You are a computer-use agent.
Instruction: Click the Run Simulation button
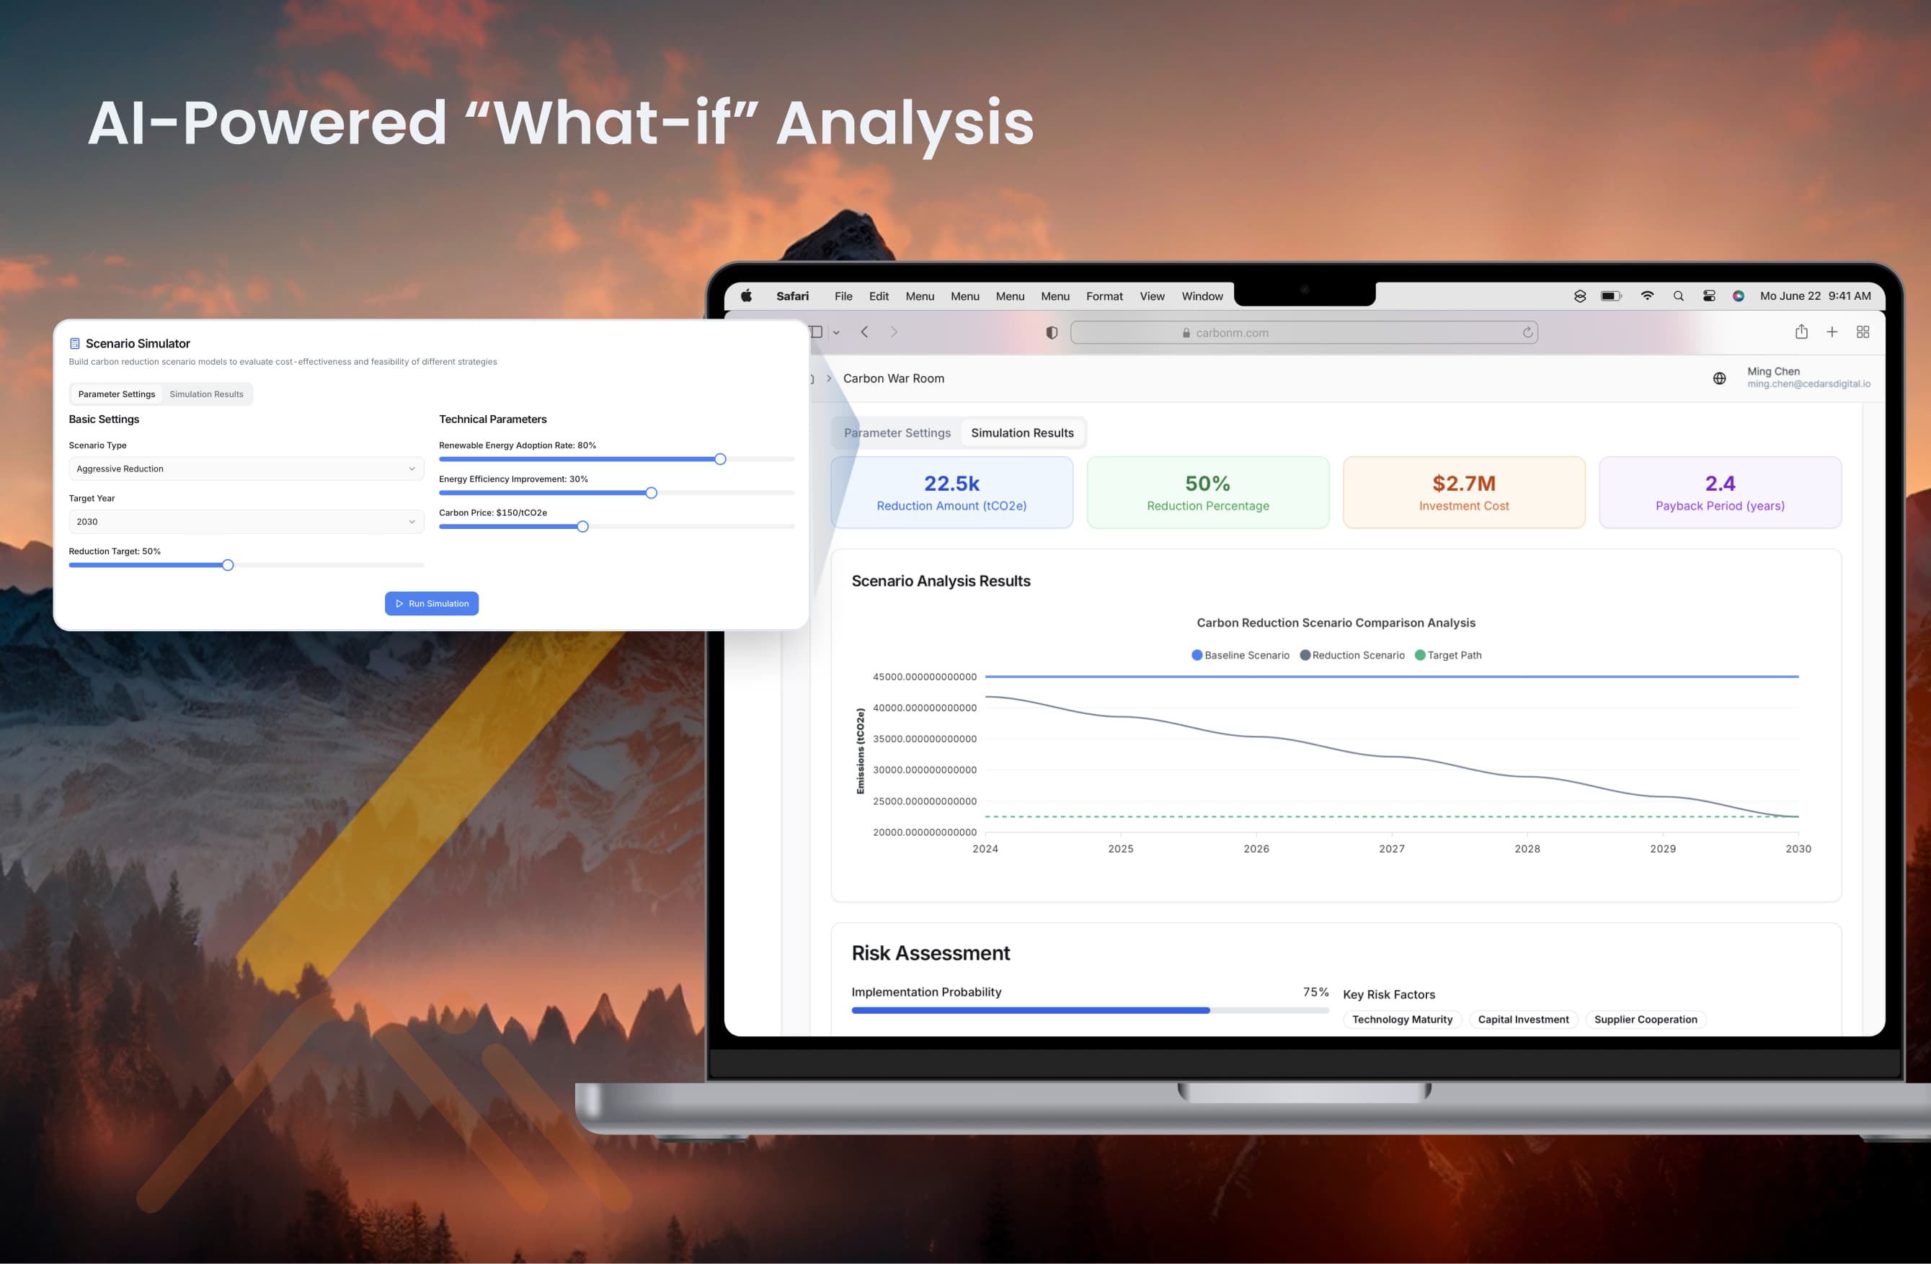[x=432, y=604]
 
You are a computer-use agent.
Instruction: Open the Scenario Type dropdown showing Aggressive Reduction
[x=246, y=469]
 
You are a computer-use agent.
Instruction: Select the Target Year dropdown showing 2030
[x=246, y=522]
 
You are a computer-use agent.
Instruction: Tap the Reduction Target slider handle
[x=228, y=565]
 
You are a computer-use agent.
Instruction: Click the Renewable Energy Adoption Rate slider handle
[x=721, y=459]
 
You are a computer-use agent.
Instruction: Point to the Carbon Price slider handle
[x=582, y=527]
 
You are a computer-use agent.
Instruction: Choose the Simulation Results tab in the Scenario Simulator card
[x=206, y=394]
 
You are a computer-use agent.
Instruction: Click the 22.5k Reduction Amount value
[x=951, y=484]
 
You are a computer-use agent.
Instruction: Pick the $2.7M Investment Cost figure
[x=1464, y=484]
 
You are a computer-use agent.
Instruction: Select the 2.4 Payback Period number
[x=1720, y=484]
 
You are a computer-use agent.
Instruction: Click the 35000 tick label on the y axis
[x=924, y=739]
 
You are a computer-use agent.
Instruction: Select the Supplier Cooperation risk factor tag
[x=1646, y=1020]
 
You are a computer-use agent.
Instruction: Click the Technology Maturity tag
[x=1402, y=1020]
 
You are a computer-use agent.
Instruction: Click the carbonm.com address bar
[x=1304, y=333]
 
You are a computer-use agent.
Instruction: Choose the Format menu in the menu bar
[x=1104, y=296]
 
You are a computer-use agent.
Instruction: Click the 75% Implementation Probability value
[x=1315, y=992]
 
